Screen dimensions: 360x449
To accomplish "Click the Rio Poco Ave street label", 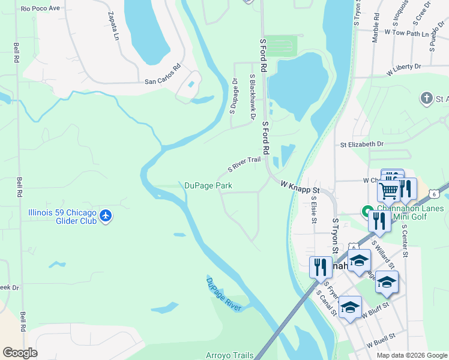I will [x=40, y=8].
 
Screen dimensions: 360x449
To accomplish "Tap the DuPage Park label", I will [x=208, y=186].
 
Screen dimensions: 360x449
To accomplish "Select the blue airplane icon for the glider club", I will [x=106, y=215].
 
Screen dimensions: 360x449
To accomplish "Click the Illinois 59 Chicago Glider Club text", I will [x=64, y=216].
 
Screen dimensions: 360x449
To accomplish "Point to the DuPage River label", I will [x=223, y=294].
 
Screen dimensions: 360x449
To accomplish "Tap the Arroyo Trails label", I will [x=230, y=355].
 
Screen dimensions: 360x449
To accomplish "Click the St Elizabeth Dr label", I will [x=361, y=144].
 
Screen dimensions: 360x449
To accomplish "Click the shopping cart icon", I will [x=388, y=191].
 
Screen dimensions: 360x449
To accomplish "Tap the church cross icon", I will [x=426, y=98].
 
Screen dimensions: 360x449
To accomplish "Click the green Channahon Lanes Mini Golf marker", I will [x=365, y=212].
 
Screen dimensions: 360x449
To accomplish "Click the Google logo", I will [x=20, y=353].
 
